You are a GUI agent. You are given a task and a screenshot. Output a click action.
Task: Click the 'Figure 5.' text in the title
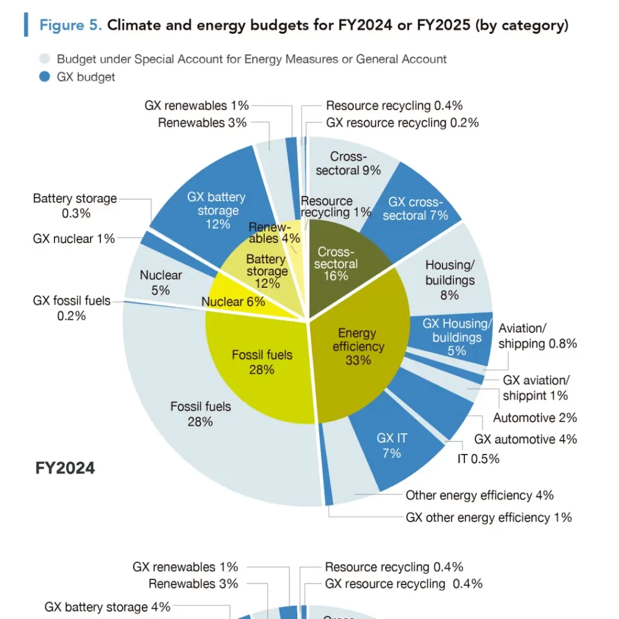pos(71,25)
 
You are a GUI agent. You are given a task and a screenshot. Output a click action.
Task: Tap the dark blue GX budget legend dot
pos(44,77)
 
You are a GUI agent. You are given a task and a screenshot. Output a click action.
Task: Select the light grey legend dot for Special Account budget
pos(44,59)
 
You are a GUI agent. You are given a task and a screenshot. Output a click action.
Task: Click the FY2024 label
pos(65,467)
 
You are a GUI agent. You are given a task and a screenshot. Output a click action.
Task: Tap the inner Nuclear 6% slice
pos(233,302)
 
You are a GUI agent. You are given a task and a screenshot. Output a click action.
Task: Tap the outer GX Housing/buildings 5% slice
pos(457,337)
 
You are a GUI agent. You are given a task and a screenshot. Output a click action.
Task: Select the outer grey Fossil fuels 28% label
pos(200,413)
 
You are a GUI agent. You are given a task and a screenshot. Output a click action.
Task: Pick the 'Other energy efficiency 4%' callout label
pos(479,495)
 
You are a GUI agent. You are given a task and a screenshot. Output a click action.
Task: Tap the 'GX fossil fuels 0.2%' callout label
pos(71,308)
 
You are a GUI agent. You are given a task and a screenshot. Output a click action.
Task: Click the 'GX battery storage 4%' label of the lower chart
pos(108,607)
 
